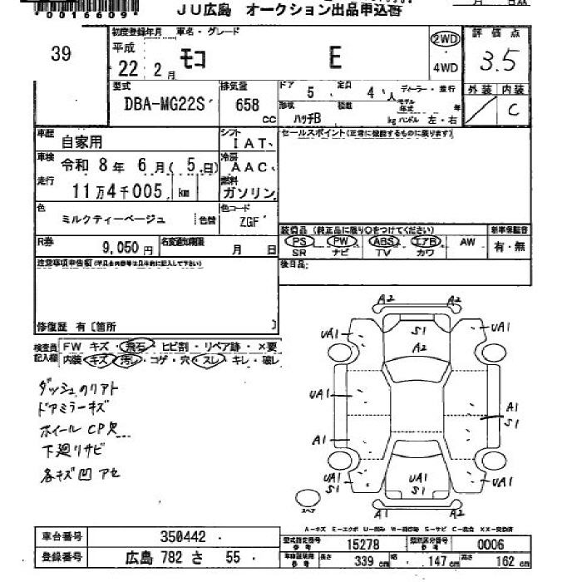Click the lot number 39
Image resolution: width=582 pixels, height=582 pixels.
tap(61, 55)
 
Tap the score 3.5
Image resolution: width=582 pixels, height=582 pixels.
tap(500, 61)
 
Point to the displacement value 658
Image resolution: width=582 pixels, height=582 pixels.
tap(247, 106)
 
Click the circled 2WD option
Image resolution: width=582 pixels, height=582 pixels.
tap(445, 40)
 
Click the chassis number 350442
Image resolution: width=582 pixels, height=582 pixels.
tap(184, 537)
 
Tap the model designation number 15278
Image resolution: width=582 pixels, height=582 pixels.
tap(355, 543)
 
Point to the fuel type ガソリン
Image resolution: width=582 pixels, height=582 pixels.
tap(249, 193)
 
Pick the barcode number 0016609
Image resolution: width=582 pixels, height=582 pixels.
tap(74, 15)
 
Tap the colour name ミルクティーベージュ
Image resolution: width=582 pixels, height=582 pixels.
tap(114, 219)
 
